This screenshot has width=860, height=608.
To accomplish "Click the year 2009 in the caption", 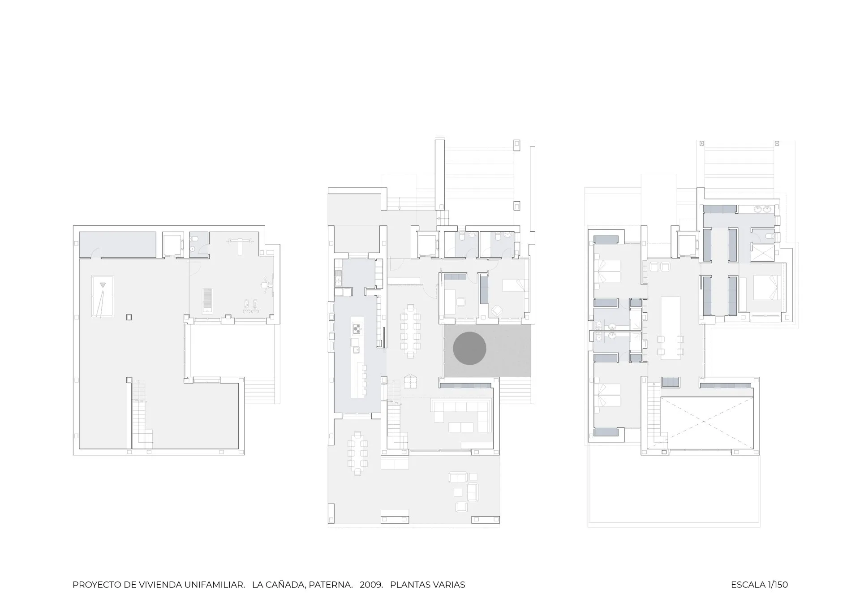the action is click(x=371, y=585).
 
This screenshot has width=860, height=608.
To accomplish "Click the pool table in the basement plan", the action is click(x=103, y=296).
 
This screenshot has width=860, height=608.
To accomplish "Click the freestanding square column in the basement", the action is click(x=129, y=317).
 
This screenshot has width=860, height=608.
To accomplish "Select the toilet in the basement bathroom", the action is click(x=193, y=248).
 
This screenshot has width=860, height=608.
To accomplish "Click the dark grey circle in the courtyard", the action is click(x=469, y=348).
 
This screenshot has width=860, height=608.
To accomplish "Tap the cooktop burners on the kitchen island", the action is click(x=357, y=329).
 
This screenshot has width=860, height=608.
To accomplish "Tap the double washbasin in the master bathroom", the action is click(x=762, y=209).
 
